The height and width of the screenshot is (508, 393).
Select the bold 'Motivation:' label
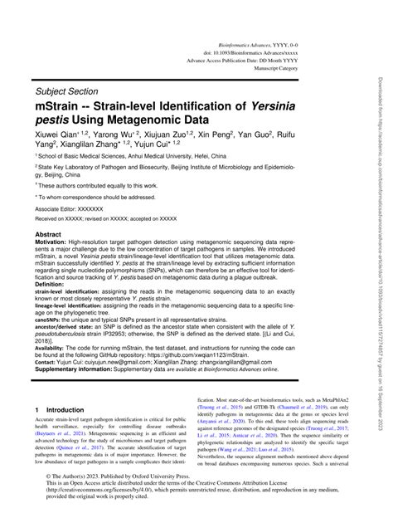coord(54,246)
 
